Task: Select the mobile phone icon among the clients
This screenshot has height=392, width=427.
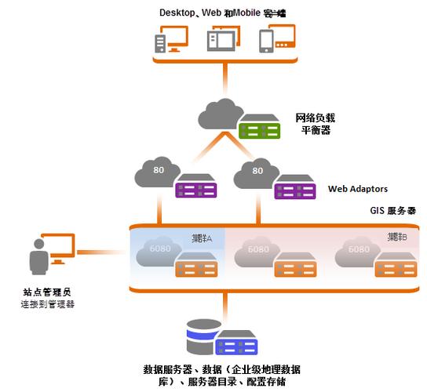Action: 276,39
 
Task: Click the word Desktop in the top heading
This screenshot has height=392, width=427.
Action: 178,12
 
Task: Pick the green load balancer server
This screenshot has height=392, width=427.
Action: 261,125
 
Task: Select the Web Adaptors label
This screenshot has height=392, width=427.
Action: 357,189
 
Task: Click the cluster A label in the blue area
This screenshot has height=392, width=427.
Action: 203,238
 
